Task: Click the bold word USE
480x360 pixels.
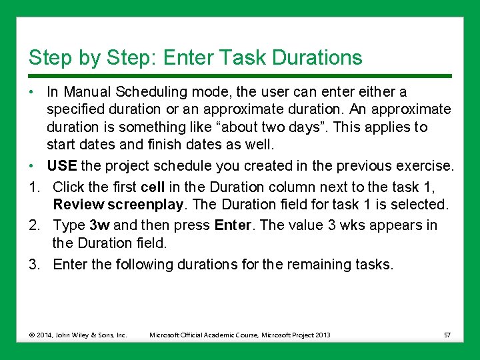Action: click(61, 166)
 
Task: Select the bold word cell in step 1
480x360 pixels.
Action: click(153, 187)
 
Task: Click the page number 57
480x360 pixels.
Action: click(447, 335)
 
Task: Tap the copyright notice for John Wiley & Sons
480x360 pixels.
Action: click(78, 335)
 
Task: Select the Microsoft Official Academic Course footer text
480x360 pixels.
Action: click(240, 335)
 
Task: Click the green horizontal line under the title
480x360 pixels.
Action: click(240, 74)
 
